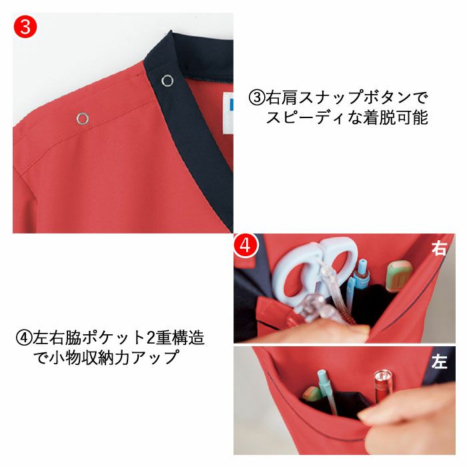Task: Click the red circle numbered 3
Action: [25, 27]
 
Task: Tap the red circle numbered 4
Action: [246, 246]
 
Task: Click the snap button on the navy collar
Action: [167, 81]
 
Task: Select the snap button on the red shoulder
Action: [83, 119]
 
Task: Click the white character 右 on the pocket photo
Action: [439, 248]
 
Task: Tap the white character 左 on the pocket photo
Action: [439, 362]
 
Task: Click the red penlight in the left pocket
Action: [383, 386]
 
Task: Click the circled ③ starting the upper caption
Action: [257, 98]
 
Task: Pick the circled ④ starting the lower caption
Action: [24, 338]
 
